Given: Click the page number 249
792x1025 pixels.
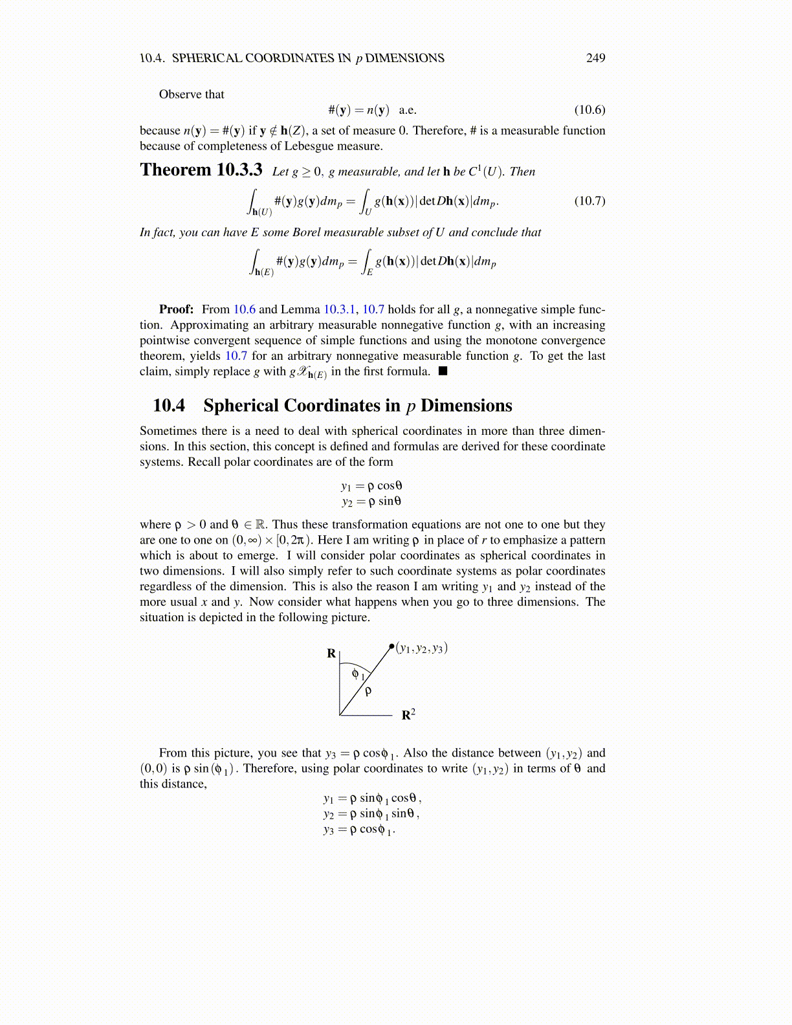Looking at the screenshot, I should click(x=595, y=58).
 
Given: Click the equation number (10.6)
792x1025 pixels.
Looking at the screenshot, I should click(x=589, y=110).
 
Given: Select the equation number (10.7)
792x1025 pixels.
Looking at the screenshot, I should click(x=589, y=201).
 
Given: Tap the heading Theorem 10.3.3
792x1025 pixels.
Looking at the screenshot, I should click(x=201, y=170).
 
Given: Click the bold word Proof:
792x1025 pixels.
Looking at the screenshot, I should click(x=176, y=309).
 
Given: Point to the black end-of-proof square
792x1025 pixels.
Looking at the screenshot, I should click(x=443, y=371).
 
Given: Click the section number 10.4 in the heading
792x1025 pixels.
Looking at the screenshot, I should click(x=169, y=406).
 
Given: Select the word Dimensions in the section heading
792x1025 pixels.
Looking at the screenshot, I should click(x=466, y=406).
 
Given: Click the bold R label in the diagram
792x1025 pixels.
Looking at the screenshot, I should click(x=331, y=654).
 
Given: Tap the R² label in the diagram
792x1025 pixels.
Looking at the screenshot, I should click(x=408, y=714).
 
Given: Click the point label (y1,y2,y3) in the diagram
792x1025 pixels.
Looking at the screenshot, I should click(x=422, y=648).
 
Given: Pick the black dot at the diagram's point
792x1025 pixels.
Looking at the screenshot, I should click(x=391, y=646).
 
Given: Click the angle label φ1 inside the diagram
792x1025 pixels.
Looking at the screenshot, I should click(x=358, y=674).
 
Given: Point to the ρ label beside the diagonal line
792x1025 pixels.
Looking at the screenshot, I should click(x=368, y=692).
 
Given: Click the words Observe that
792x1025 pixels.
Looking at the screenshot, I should click(x=192, y=94).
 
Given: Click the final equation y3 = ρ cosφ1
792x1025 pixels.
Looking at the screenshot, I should click(x=360, y=830).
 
